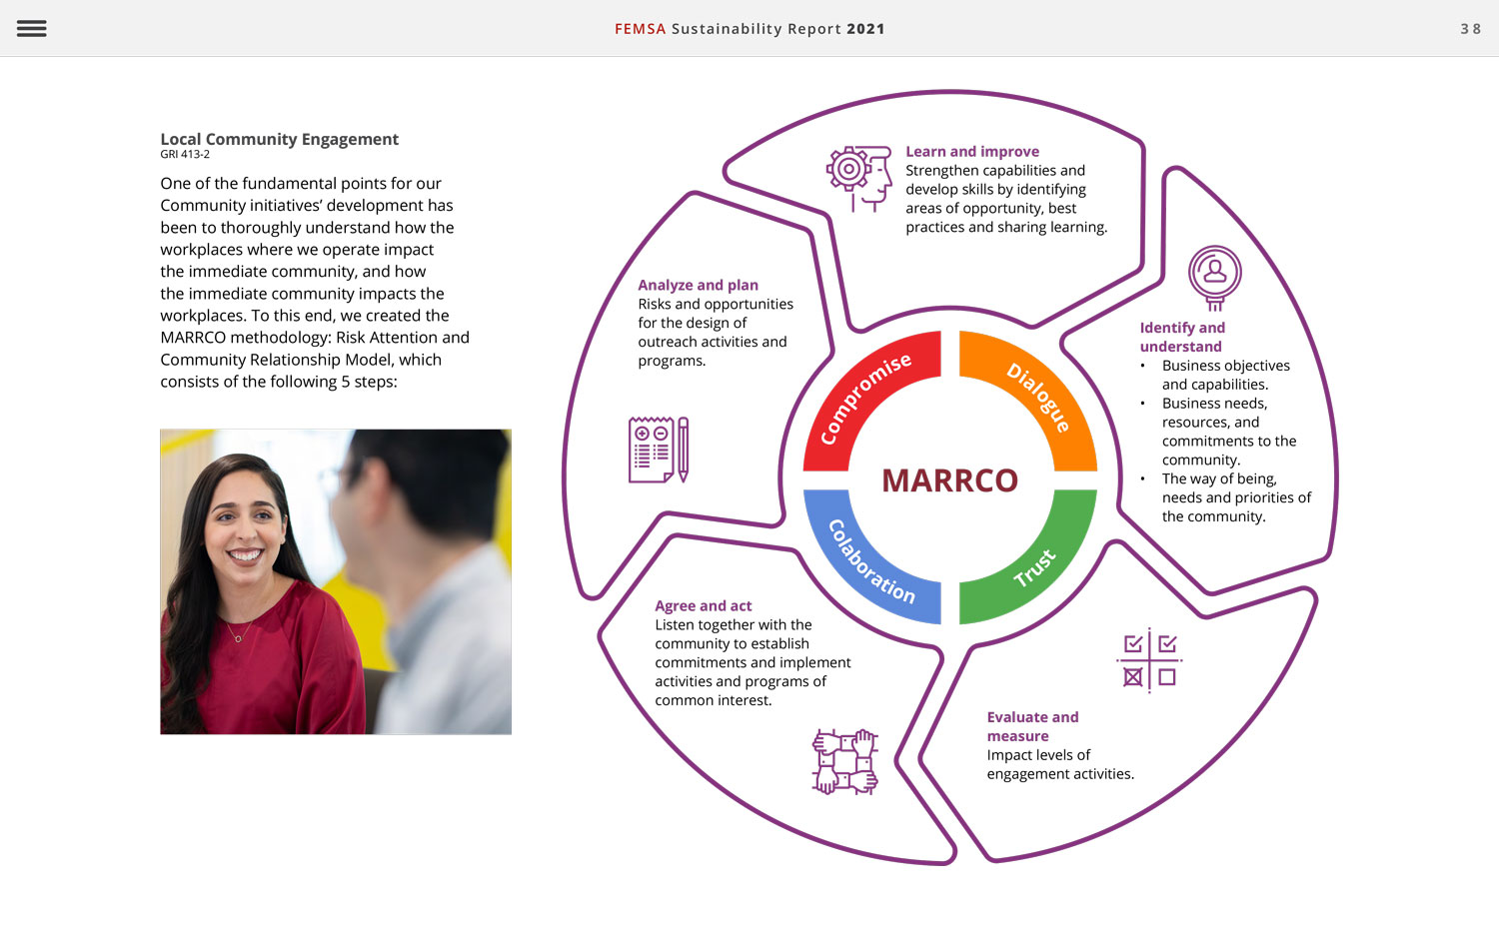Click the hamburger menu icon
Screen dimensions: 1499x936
[x=31, y=28]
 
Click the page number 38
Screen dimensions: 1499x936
[x=1471, y=29]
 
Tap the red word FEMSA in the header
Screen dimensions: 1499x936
[x=640, y=29]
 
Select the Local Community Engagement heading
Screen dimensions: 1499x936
[x=279, y=139]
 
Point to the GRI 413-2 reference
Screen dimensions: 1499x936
[x=185, y=155]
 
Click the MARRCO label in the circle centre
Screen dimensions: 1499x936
[x=949, y=480]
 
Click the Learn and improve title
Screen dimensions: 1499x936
[x=972, y=152]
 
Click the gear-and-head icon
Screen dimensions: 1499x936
[x=859, y=179]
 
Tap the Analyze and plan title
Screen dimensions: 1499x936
[x=698, y=285]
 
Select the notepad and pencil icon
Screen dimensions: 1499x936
[x=659, y=450]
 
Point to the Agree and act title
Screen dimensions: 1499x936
[x=704, y=606]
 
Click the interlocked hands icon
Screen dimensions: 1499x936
[x=845, y=762]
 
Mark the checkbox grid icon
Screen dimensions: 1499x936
[x=1149, y=660]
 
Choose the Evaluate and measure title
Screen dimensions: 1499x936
[x=1032, y=726]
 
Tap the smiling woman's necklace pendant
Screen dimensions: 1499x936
[x=238, y=639]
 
